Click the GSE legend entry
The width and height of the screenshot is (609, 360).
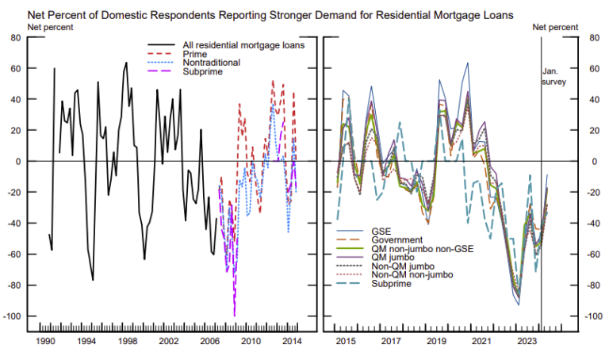[x=381, y=230]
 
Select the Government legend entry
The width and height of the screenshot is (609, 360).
[x=396, y=239]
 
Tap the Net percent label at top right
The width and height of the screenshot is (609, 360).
[x=555, y=27]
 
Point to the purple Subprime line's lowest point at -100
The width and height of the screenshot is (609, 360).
[x=234, y=316]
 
